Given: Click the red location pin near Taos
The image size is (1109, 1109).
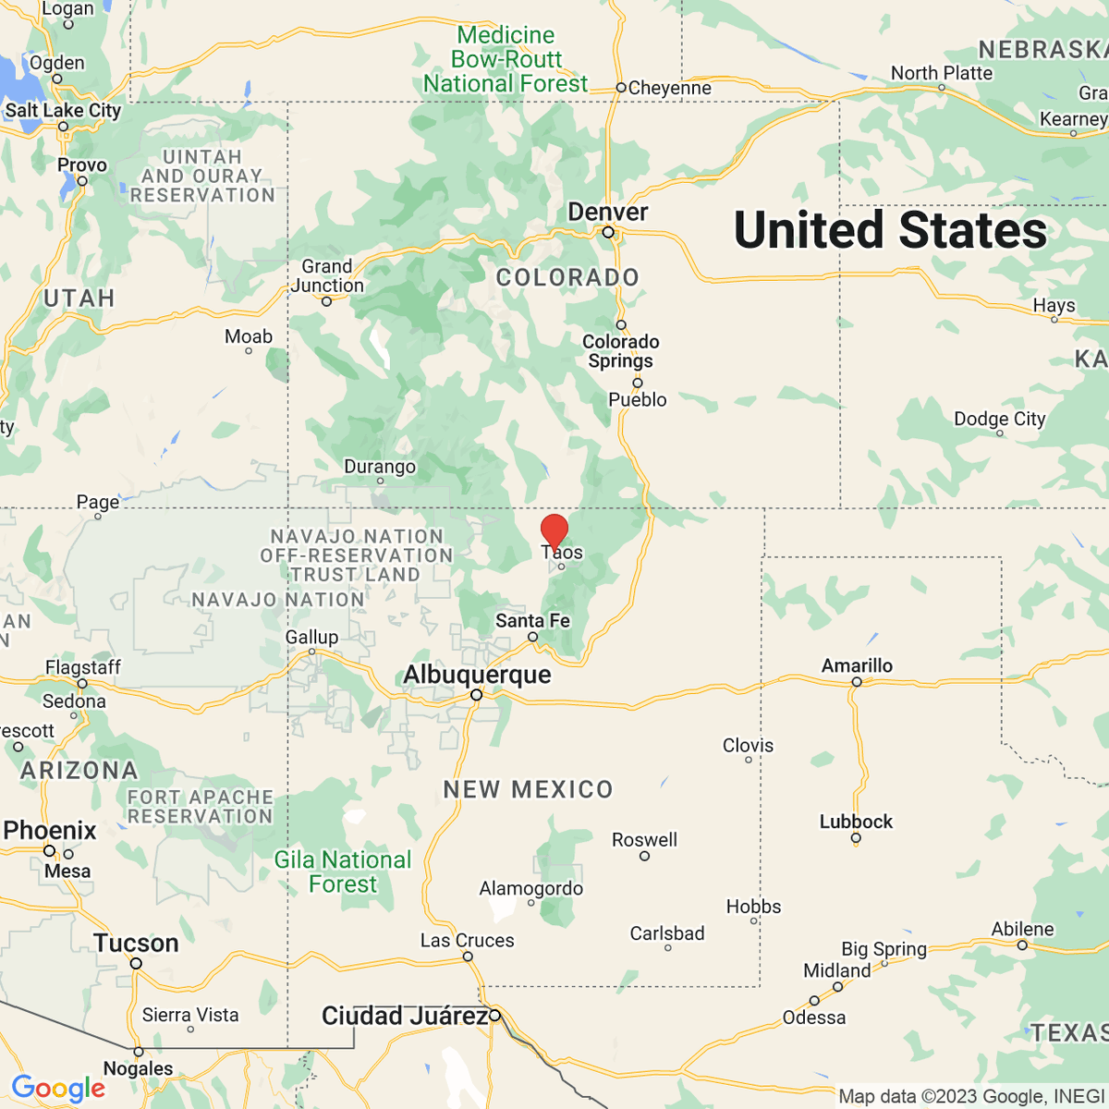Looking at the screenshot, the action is tap(554, 531).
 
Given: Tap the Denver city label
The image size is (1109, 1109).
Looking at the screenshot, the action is tap(607, 212).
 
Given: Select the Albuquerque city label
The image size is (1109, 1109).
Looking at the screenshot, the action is tap(477, 675).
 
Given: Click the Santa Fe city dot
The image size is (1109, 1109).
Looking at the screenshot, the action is tap(532, 637).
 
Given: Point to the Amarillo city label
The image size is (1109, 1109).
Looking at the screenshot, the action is tap(857, 665).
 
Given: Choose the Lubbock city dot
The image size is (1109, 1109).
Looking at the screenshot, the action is tap(856, 839).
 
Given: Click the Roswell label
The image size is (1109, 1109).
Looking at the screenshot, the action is tap(644, 839).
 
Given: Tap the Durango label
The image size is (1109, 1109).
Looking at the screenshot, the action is tap(380, 467).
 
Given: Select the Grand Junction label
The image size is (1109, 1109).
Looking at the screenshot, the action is tap(327, 275).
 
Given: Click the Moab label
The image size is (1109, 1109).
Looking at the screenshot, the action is tap(249, 336).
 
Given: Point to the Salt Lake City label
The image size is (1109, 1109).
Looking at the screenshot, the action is tap(64, 110).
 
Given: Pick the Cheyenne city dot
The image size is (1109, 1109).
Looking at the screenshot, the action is tap(621, 89).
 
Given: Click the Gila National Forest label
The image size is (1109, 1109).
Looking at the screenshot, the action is tap(343, 871).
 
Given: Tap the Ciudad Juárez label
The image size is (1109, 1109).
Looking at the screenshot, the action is tap(404, 1016).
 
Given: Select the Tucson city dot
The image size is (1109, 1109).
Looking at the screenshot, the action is tap(136, 964).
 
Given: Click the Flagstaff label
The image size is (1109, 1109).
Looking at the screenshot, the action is tap(83, 667).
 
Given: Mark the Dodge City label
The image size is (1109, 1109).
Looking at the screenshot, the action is tap(999, 419).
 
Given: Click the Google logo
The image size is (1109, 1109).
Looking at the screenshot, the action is tap(58, 1088).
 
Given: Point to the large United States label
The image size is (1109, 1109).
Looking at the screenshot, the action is tap(890, 229).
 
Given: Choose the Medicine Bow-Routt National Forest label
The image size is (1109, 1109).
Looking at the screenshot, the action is tap(506, 59).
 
